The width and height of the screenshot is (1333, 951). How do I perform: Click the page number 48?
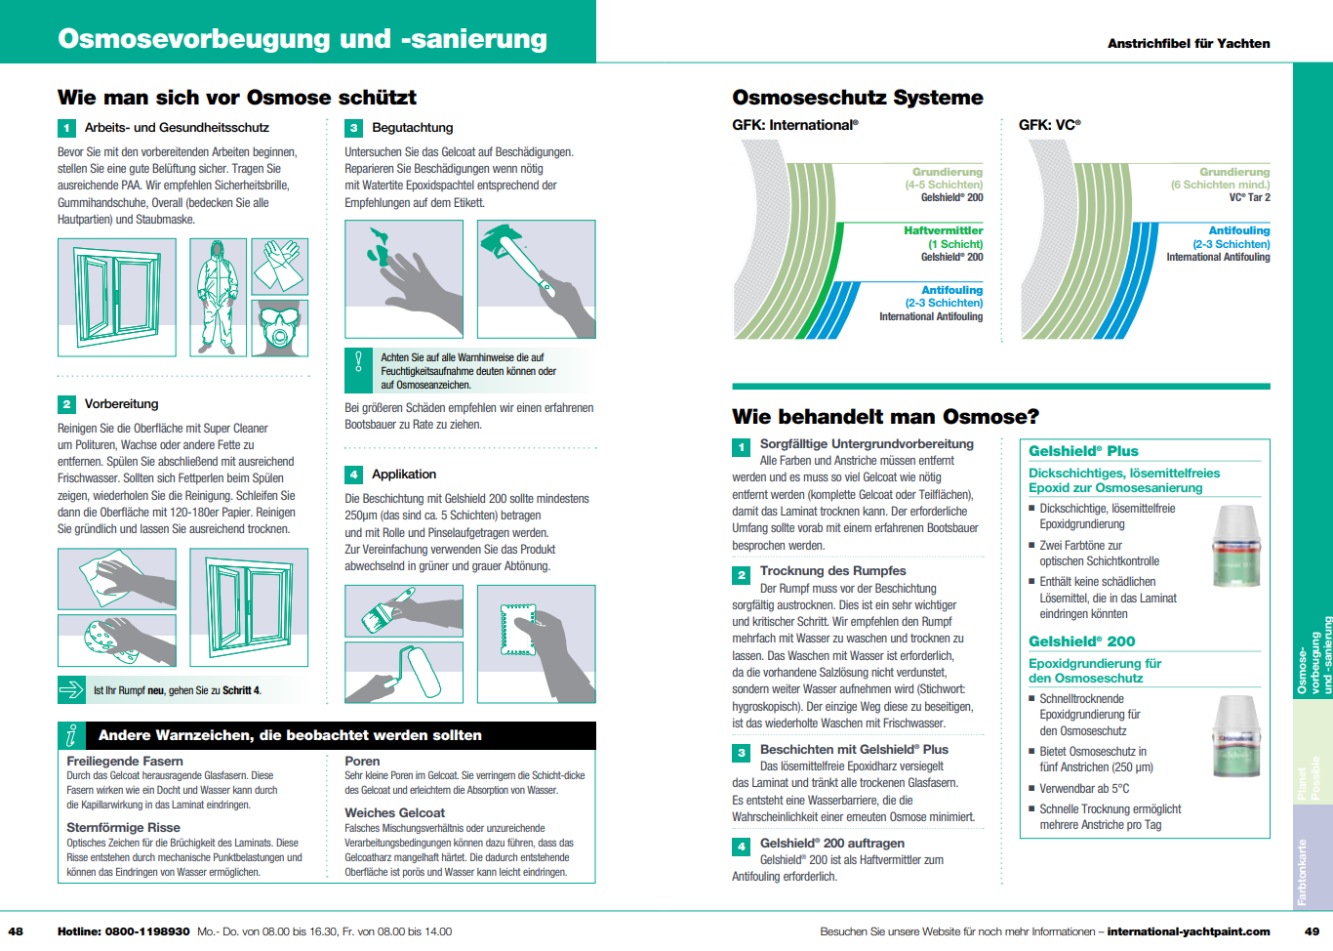[16, 931]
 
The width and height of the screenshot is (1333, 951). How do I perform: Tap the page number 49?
[1312, 931]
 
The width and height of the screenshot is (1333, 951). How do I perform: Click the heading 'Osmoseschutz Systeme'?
[857, 98]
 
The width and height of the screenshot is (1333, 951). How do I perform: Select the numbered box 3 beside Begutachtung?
[353, 128]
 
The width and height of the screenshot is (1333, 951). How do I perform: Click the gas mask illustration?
[280, 328]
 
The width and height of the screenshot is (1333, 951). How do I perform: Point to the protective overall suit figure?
[218, 297]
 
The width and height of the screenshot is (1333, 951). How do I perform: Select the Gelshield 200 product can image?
[1235, 735]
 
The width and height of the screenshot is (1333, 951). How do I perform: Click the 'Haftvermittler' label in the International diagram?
[943, 231]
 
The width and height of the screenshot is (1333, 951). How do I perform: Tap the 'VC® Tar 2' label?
[1249, 198]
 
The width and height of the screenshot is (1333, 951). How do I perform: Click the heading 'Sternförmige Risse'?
[123, 827]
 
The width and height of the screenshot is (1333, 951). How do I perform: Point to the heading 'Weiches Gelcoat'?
[394, 812]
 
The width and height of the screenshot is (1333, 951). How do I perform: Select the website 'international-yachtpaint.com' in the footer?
[1188, 931]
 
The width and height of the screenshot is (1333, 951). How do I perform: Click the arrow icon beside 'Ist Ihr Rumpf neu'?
[71, 690]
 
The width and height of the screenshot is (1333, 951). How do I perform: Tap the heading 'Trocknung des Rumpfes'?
[832, 571]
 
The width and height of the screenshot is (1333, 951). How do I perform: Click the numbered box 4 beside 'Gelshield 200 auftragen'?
[741, 847]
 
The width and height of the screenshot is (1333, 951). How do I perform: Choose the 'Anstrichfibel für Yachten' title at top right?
[1188, 44]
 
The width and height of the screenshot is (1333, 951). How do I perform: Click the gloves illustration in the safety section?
[280, 265]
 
